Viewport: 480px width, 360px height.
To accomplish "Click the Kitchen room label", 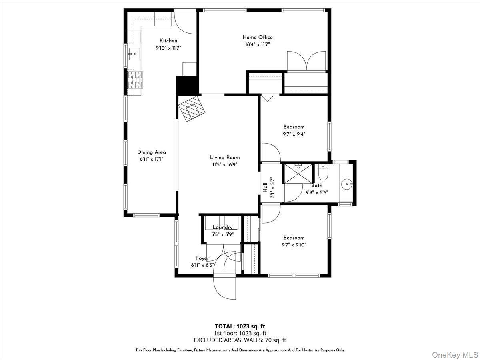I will coord(168,41).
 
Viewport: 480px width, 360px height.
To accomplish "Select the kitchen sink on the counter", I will coord(134,52).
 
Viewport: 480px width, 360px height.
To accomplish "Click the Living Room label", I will coord(225,157).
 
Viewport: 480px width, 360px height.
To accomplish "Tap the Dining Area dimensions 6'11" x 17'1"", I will coord(151,159).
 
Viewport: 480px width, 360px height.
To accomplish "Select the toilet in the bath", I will coord(323,173).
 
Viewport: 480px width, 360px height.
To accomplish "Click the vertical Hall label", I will coord(265,187).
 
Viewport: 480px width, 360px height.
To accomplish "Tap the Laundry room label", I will coord(222,227).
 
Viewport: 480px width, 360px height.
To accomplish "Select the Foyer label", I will coord(202,258).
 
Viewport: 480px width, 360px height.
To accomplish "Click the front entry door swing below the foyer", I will coord(225,286).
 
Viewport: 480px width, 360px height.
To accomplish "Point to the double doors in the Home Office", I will coord(306,61).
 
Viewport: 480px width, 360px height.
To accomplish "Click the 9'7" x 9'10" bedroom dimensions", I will coord(294,245).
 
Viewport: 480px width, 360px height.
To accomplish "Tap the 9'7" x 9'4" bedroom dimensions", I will coord(294,134).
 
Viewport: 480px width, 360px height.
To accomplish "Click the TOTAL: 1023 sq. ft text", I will coord(240,326).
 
